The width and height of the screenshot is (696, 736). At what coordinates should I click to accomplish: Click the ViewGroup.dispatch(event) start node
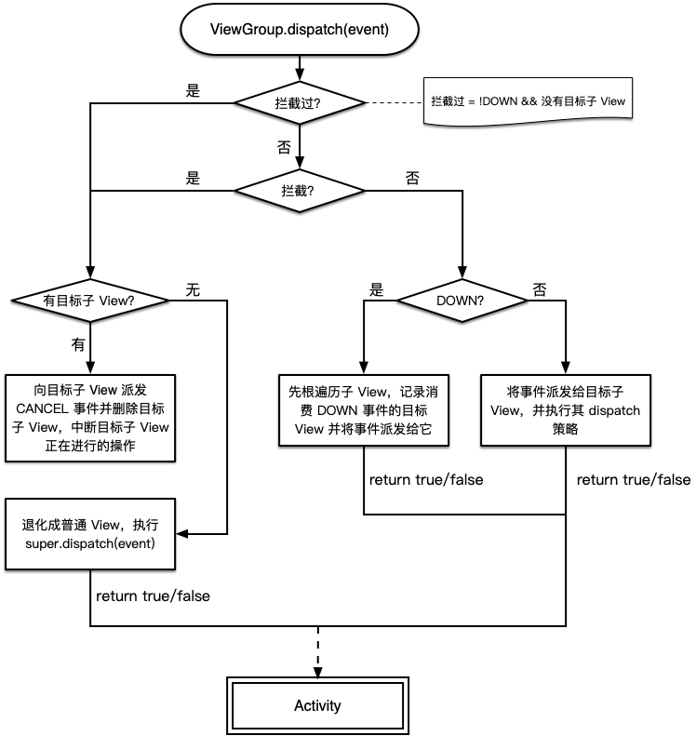click(x=299, y=30)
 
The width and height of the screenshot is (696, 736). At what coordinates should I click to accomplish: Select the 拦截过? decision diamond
click(x=299, y=103)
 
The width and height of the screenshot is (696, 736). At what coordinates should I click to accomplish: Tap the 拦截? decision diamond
click(x=299, y=190)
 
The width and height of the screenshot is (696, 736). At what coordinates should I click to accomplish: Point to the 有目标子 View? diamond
click(x=89, y=301)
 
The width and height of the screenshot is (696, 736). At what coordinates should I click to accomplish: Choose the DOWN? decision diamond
click(x=462, y=301)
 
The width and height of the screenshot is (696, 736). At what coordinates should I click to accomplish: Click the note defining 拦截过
click(x=529, y=100)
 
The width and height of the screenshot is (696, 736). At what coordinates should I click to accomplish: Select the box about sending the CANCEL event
click(x=89, y=418)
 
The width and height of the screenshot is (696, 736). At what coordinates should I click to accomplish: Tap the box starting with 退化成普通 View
click(x=89, y=534)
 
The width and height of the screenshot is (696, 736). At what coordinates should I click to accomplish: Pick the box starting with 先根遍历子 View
click(x=364, y=410)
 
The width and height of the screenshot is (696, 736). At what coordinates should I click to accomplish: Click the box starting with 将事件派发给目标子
click(x=565, y=410)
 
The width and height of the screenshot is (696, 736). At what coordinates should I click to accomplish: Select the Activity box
click(x=317, y=705)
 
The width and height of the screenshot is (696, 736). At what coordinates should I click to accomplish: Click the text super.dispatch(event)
click(x=90, y=543)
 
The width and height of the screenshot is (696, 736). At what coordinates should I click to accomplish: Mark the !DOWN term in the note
click(x=499, y=100)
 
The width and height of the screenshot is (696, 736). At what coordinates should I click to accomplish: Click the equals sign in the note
click(x=471, y=100)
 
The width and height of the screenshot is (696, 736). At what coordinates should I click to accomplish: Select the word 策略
click(x=565, y=430)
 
